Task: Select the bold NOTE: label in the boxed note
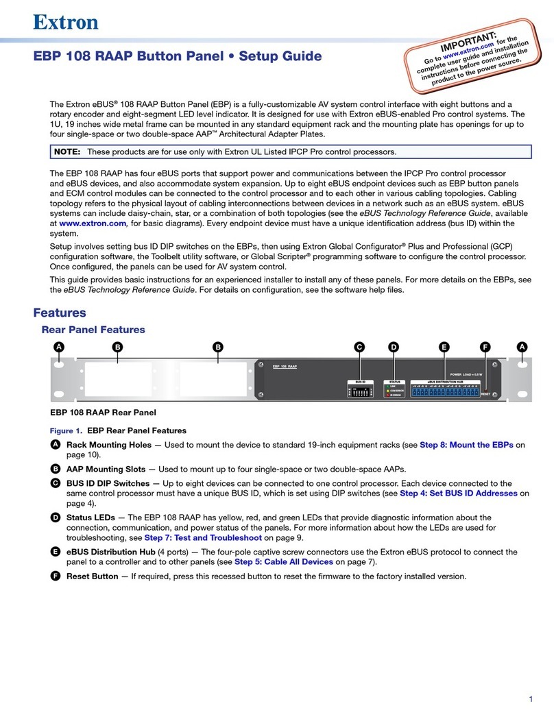[x=69, y=151]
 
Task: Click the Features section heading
[x=60, y=313]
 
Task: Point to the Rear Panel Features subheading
[x=94, y=330]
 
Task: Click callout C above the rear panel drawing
[x=359, y=348]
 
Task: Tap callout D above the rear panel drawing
[x=394, y=348]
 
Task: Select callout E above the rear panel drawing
[x=444, y=348]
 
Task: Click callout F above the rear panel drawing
[x=485, y=348]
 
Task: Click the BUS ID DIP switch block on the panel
[x=360, y=393]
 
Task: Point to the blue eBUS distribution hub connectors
[x=445, y=391]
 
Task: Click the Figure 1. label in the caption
[x=67, y=431]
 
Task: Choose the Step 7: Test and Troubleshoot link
[x=203, y=538]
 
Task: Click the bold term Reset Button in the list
[x=92, y=576]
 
